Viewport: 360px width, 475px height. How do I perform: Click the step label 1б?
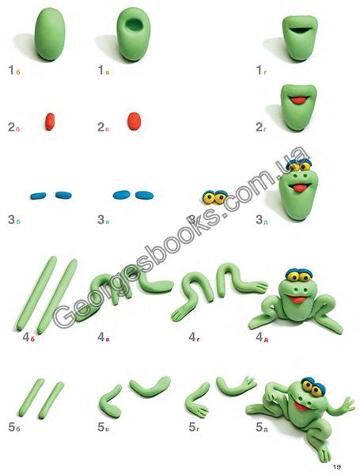14,70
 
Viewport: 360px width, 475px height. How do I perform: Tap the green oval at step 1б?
50,33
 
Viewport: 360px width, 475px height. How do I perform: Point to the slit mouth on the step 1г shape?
300,30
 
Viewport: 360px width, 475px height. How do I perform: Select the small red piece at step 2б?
50,121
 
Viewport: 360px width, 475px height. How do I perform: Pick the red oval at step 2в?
135,121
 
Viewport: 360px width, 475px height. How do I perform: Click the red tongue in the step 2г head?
299,100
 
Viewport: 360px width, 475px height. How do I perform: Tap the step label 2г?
261,127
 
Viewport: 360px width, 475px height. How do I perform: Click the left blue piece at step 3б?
38,196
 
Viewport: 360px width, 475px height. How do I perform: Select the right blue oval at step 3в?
145,195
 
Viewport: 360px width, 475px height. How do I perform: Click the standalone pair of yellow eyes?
214,197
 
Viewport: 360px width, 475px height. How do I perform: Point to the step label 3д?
262,220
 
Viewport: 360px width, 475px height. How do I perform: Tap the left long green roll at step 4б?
36,293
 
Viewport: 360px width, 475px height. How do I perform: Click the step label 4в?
103,337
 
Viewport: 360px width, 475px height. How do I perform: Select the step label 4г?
194,337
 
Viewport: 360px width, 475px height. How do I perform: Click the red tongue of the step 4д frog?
297,299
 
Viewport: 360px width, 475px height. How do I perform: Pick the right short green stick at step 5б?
51,400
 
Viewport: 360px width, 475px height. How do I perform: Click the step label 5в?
103,427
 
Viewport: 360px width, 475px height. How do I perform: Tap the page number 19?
337,467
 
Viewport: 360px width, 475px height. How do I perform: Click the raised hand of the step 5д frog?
347,404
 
